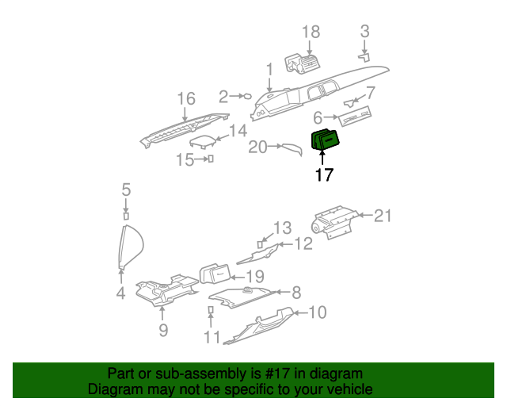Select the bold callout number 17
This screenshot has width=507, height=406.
[x=325, y=175]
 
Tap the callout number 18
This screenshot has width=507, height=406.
[x=311, y=32]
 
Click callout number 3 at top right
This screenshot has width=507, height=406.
[x=364, y=32]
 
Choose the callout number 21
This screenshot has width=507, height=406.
[x=383, y=215]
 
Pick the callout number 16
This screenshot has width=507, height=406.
[x=185, y=99]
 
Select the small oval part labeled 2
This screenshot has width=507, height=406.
[x=246, y=96]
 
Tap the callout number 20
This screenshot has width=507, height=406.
[x=258, y=147]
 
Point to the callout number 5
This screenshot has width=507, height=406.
[x=125, y=190]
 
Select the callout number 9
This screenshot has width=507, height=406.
[x=162, y=330]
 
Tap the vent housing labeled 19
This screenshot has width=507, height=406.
[x=214, y=274]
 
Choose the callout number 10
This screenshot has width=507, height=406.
[x=316, y=312]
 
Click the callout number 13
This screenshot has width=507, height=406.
[x=283, y=228]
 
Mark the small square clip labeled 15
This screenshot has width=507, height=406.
[x=211, y=159]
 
